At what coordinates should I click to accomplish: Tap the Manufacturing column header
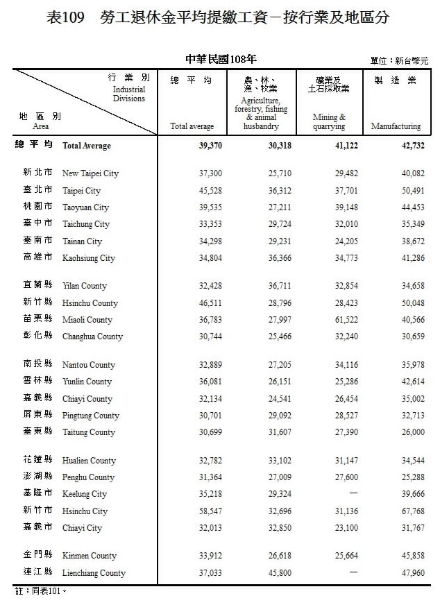pyautogui.click(x=396, y=126)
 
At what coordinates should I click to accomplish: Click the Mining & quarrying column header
pyautogui.click(x=329, y=122)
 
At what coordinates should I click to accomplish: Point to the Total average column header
pyautogui.click(x=192, y=126)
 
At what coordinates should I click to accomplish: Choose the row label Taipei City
pyautogui.click(x=81, y=191)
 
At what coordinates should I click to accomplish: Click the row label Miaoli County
pyautogui.click(x=87, y=320)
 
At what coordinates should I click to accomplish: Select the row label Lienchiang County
pyautogui.click(x=94, y=573)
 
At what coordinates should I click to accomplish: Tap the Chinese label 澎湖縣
pyautogui.click(x=37, y=477)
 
